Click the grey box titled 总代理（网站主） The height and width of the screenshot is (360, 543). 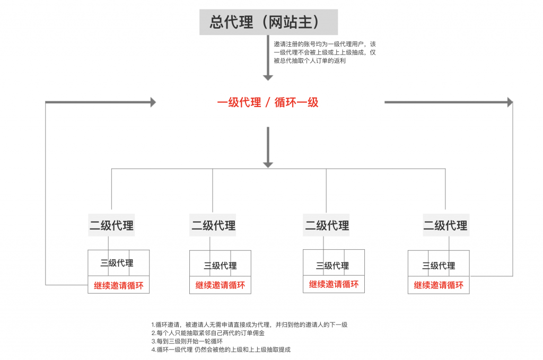(x=268, y=22)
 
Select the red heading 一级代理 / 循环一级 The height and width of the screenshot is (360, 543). (x=268, y=102)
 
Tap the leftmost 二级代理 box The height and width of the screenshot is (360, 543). (x=111, y=225)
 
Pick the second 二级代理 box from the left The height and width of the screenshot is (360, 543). (x=213, y=225)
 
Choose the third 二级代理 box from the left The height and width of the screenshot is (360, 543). (x=326, y=225)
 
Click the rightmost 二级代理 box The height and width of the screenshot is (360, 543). (x=446, y=225)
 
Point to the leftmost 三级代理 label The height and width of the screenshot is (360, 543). (x=117, y=263)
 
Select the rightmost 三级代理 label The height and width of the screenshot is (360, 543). (x=439, y=266)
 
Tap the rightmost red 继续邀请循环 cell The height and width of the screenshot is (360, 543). (x=439, y=285)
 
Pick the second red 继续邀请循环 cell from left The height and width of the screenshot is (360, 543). (x=220, y=285)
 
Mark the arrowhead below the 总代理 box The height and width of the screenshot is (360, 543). (x=268, y=78)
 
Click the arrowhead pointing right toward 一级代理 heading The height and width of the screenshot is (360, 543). (x=153, y=102)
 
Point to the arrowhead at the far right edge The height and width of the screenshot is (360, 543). (x=510, y=102)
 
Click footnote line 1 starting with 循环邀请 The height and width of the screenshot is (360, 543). (x=249, y=324)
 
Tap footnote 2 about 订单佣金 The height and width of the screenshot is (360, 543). (x=208, y=333)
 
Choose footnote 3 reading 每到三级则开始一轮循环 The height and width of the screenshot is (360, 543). (x=187, y=341)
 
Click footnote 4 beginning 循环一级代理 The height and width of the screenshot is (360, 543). (x=221, y=349)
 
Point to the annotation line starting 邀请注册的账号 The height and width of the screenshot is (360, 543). (x=325, y=45)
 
